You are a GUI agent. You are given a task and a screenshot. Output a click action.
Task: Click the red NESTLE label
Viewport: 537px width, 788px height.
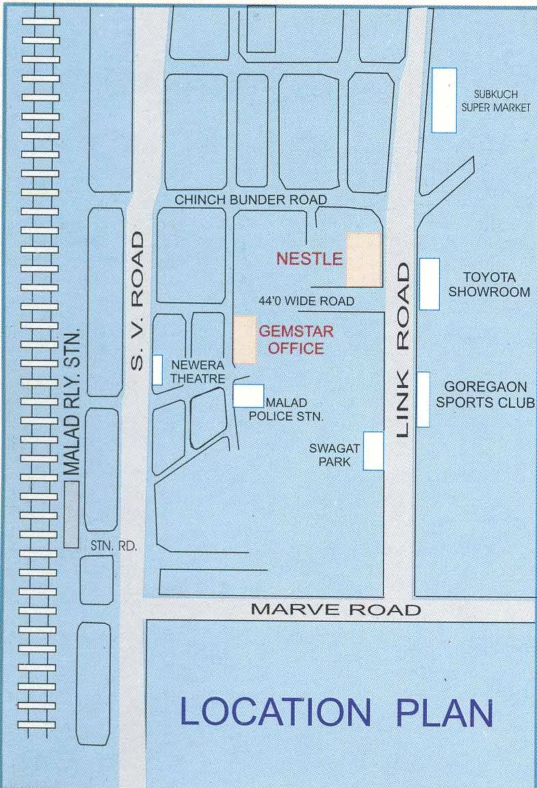click(309, 259)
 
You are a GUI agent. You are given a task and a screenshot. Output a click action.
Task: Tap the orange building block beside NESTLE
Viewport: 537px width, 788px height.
click(363, 259)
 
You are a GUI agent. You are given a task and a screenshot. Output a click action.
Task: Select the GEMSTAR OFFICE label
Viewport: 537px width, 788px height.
click(296, 340)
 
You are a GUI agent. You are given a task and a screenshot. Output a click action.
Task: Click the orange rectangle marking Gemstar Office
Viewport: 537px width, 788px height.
click(245, 339)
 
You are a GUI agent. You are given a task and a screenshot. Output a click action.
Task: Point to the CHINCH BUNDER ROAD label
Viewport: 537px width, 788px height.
click(251, 200)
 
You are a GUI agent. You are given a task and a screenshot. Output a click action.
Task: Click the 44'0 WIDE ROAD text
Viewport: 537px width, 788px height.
click(306, 301)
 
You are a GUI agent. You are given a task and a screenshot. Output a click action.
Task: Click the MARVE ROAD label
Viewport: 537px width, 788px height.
click(335, 609)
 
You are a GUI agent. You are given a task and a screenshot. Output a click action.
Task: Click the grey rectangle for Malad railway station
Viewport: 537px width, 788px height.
click(71, 514)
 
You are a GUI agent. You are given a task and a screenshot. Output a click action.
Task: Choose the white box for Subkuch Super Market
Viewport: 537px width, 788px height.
click(444, 100)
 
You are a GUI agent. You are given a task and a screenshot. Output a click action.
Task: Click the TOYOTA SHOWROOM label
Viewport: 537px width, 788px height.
click(488, 285)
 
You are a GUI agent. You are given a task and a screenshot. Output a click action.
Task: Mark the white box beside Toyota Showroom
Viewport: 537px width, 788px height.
click(429, 283)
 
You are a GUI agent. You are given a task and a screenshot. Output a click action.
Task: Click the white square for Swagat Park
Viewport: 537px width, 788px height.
click(373, 451)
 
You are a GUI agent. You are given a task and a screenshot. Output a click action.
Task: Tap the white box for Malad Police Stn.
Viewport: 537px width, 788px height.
click(248, 396)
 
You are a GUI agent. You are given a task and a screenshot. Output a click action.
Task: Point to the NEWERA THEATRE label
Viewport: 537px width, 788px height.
click(198, 371)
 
